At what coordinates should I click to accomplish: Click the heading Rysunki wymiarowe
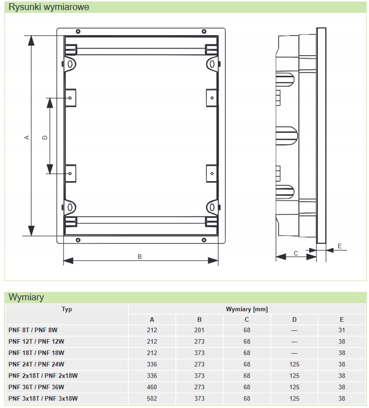pos(49,7)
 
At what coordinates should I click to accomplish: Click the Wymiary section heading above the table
pos(26,297)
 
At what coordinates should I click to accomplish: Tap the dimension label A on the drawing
pos(27,137)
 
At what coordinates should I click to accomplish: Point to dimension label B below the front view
pos(140,256)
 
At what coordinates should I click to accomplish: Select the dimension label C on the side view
pos(295,253)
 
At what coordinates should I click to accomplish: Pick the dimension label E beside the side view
pos(339,246)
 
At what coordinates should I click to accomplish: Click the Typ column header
pos(67,309)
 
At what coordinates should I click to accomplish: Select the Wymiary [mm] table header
pos(247,309)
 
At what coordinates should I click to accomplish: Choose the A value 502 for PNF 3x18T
pos(152,398)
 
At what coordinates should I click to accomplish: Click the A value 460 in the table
pos(152,387)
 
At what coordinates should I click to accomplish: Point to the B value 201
pos(200,330)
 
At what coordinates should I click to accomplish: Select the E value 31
pos(342,330)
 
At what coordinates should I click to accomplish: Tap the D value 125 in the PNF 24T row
pos(294,364)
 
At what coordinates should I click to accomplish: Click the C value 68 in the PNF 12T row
pos(247,341)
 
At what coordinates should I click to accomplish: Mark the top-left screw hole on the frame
pos(78,31)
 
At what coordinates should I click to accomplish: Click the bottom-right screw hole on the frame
pos(203,240)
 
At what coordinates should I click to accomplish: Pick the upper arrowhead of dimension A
pos(31,41)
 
